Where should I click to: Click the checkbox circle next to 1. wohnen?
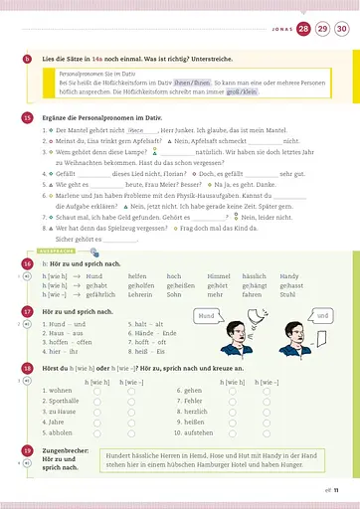pos(97,391)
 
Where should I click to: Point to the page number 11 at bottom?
pos(336,490)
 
